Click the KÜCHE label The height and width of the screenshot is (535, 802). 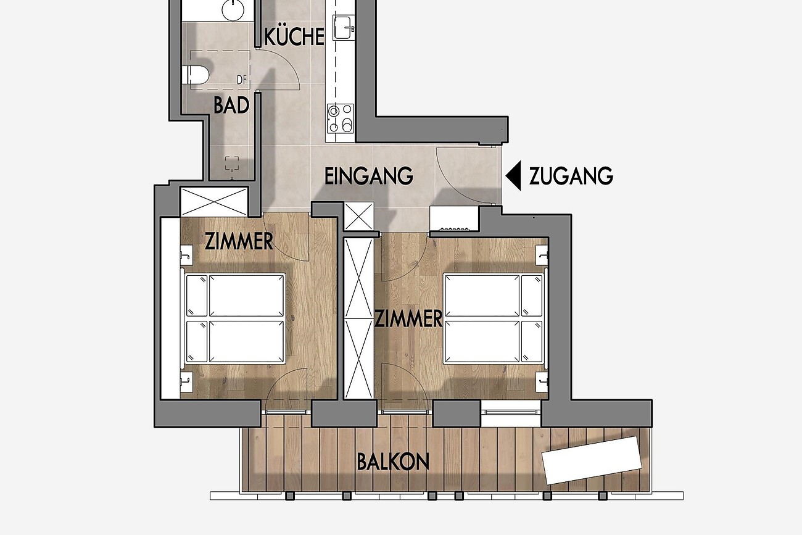click(x=294, y=36)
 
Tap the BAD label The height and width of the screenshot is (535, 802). click(x=231, y=106)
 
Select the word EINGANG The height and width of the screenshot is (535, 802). click(x=369, y=176)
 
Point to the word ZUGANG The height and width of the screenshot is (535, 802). click(x=571, y=176)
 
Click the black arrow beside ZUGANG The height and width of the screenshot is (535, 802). click(x=514, y=175)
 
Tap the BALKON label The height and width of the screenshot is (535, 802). click(x=393, y=462)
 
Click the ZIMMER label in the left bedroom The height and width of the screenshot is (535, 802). click(x=239, y=242)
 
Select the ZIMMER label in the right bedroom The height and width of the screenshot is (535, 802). click(x=408, y=318)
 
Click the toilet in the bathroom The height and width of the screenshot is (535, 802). click(x=195, y=75)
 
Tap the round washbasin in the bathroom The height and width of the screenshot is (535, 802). click(x=233, y=10)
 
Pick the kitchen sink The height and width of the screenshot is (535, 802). click(x=344, y=27)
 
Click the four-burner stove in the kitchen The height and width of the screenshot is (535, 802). click(x=340, y=118)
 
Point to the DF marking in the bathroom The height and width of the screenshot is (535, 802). click(x=242, y=80)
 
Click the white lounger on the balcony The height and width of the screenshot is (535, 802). click(x=592, y=460)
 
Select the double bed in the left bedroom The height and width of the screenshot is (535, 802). click(x=235, y=318)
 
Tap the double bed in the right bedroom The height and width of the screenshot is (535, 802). click(x=494, y=318)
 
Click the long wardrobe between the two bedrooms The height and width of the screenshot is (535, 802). click(x=358, y=318)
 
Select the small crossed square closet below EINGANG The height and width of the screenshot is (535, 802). click(x=359, y=217)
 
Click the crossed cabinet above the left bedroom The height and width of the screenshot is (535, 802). click(x=214, y=202)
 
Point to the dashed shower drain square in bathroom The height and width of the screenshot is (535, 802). click(x=231, y=164)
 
